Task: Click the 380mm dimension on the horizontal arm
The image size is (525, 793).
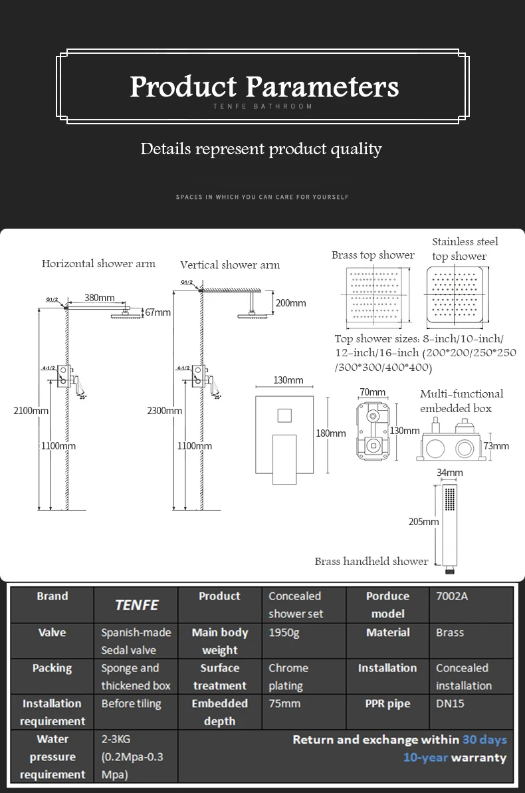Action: click(x=99, y=298)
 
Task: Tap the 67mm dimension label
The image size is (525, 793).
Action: click(x=157, y=312)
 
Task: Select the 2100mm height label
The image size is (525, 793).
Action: click(x=31, y=411)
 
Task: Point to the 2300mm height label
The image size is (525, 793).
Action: click(x=164, y=411)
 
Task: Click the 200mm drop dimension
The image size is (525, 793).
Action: click(x=291, y=303)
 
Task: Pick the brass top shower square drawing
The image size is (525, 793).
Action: click(x=375, y=296)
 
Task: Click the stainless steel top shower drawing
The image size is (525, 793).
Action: click(x=455, y=295)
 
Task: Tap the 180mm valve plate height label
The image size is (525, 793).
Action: click(x=331, y=433)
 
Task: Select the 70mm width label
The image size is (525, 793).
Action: click(x=373, y=392)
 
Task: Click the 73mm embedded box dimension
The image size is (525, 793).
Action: click(x=496, y=446)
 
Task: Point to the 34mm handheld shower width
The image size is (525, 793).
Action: click(x=450, y=473)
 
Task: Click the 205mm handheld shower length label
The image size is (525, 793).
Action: click(x=424, y=522)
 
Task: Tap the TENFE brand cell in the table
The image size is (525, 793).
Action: click(x=136, y=605)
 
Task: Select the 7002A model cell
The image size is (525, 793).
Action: click(x=452, y=596)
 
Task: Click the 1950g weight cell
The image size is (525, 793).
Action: click(x=284, y=633)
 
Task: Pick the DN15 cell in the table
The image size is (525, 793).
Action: click(x=450, y=703)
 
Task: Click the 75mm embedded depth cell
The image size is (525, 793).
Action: click(x=284, y=703)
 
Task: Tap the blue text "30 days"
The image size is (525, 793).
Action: click(x=484, y=740)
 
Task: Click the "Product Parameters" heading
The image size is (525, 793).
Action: click(x=264, y=86)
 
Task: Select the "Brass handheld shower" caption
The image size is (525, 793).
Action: click(x=371, y=562)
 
